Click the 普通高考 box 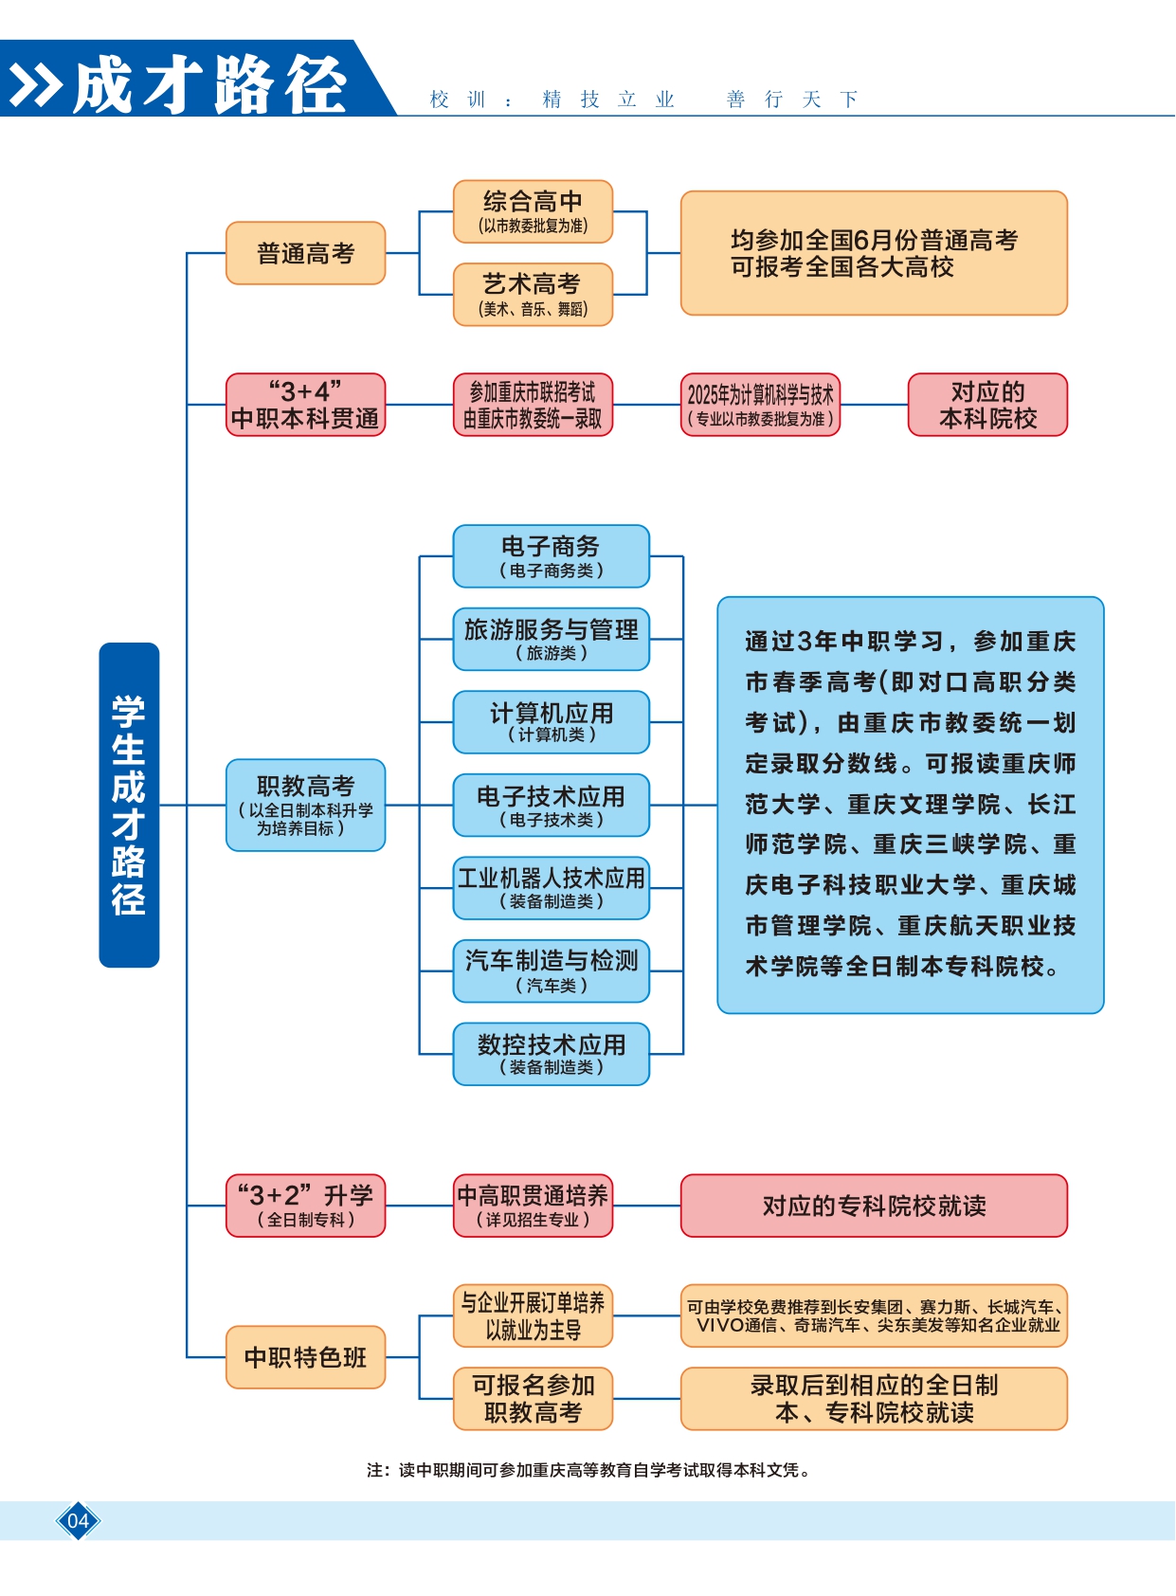[305, 253]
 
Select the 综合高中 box [533, 211]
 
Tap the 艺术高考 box [533, 295]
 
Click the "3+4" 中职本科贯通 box [305, 405]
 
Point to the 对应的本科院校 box [987, 405]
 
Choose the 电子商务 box [551, 556]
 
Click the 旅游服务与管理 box [551, 640]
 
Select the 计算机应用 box [551, 722]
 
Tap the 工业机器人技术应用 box [551, 888]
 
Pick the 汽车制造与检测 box [551, 971]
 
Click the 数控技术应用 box [551, 1054]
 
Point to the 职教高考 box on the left [305, 805]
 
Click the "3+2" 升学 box [305, 1206]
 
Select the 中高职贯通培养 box [533, 1206]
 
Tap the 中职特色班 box [305, 1357]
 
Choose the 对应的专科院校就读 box [874, 1206]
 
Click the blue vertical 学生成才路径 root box [129, 805]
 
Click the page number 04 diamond [78, 1521]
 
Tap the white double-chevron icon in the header [35, 86]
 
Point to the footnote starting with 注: [588, 1470]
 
